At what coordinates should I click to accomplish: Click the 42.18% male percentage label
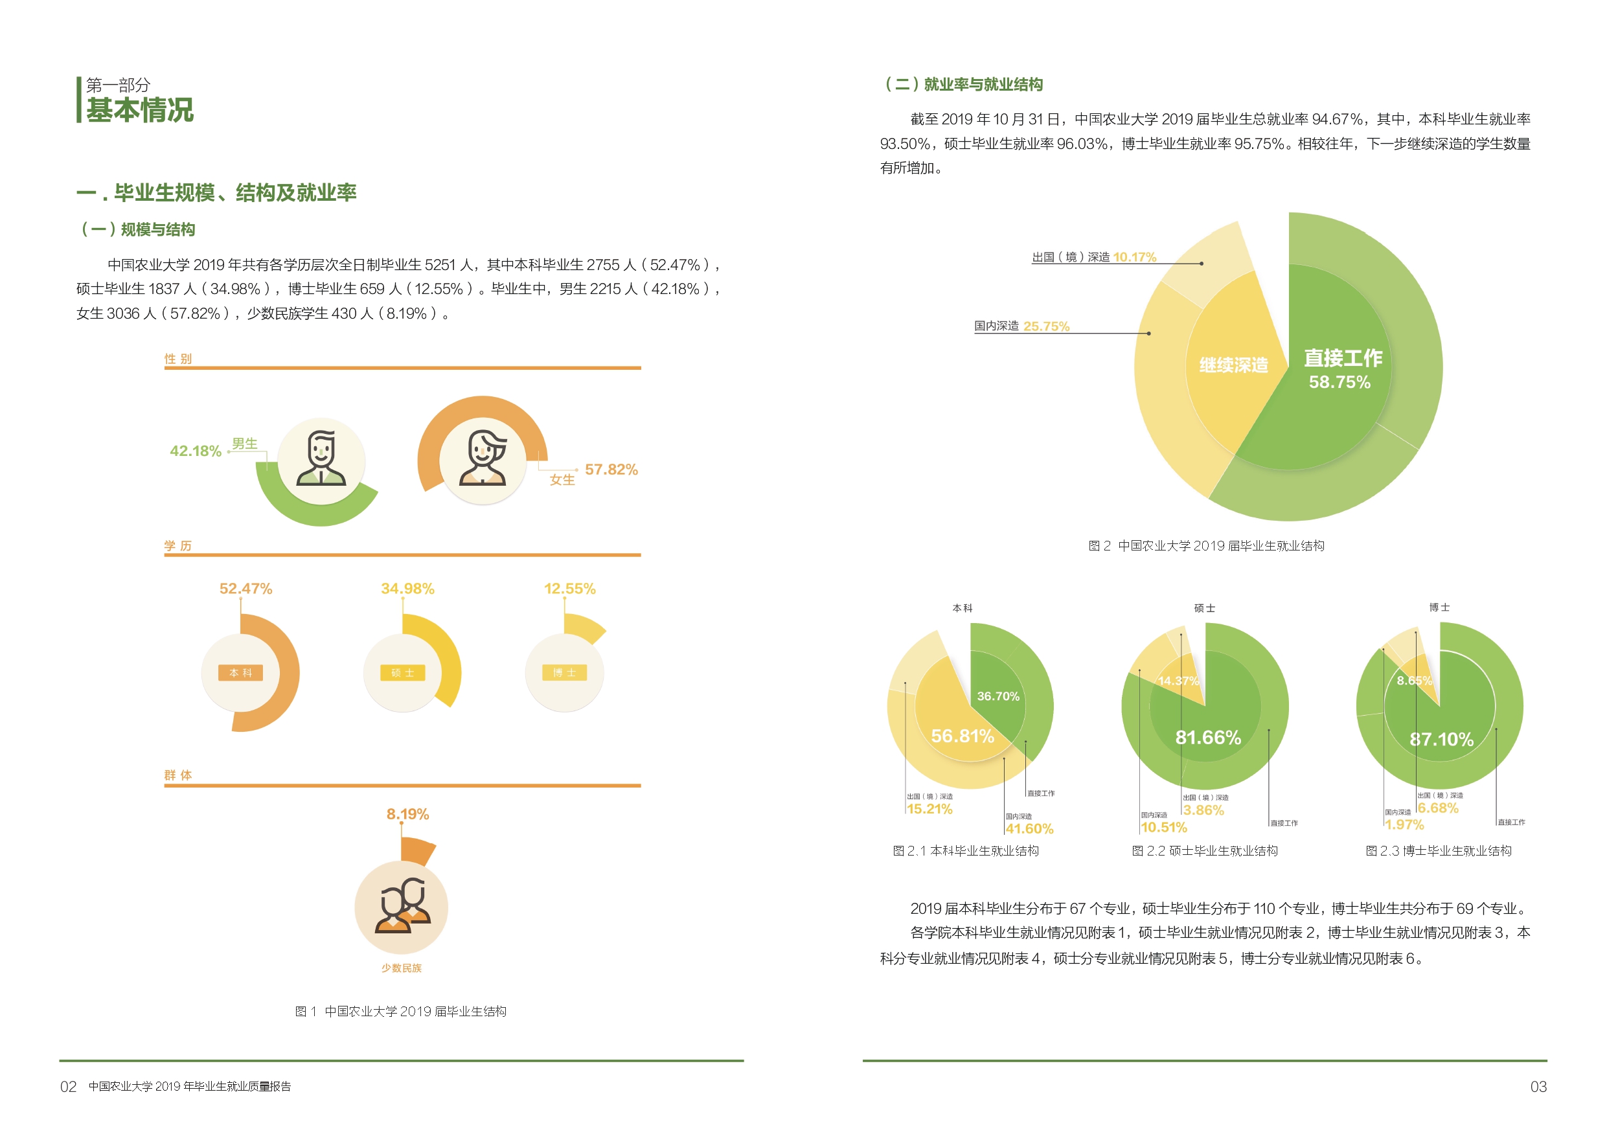(195, 451)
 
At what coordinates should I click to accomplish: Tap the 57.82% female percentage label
(611, 469)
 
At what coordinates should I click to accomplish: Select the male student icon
(321, 460)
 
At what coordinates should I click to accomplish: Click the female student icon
(483, 460)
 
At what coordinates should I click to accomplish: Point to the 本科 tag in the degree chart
(240, 673)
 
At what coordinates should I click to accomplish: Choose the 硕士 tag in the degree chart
(402, 673)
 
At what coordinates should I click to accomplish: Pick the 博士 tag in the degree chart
(564, 673)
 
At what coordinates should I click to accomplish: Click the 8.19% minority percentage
(407, 814)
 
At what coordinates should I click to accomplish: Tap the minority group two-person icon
(402, 907)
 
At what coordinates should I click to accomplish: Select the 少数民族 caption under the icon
(401, 968)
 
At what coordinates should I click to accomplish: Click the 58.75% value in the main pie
(1339, 382)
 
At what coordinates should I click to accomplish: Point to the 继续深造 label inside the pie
(1233, 365)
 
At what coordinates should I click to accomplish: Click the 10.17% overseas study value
(1135, 257)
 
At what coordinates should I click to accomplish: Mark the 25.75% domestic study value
(1046, 326)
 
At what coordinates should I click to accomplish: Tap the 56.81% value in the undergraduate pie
(963, 736)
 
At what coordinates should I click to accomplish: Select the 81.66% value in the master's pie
(1208, 737)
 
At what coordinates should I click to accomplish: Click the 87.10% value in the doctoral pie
(1441, 739)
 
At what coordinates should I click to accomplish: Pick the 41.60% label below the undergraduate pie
(1029, 829)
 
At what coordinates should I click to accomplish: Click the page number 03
(1538, 1087)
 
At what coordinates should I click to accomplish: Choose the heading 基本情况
(140, 110)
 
